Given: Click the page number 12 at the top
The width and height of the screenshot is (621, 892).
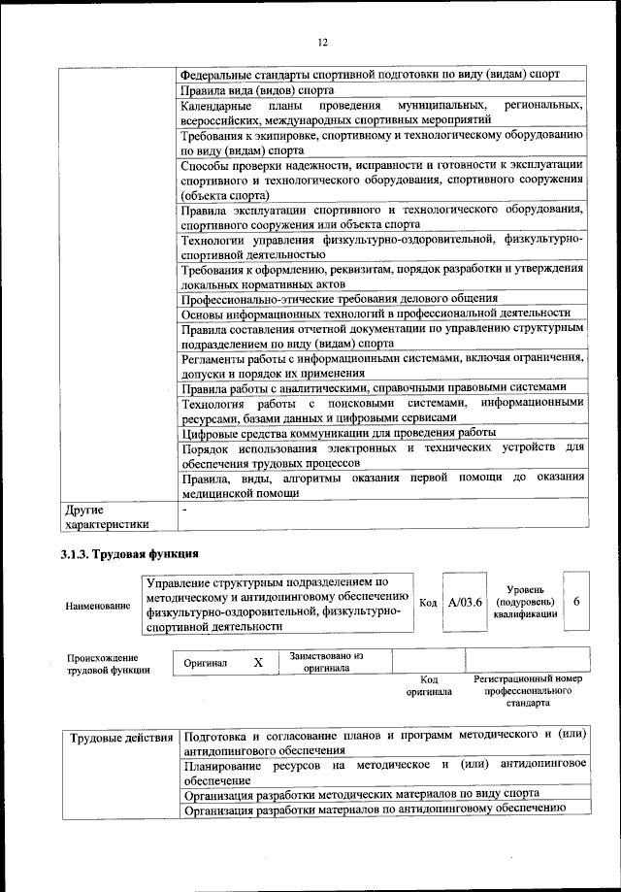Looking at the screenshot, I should [323, 42].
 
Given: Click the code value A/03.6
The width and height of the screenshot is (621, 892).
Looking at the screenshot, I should [466, 603].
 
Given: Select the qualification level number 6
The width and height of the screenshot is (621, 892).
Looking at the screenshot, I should [576, 603].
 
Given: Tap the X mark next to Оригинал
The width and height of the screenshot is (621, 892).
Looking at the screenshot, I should [258, 662].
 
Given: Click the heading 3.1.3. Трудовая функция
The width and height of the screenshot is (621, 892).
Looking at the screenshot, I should [124, 554].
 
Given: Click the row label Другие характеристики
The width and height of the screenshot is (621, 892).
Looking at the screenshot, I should [106, 516].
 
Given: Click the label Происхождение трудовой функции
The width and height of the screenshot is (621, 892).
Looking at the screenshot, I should [108, 663].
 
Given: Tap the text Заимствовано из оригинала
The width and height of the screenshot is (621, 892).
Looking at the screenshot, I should [326, 662].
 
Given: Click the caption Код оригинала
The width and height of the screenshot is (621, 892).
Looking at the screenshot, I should [428, 685].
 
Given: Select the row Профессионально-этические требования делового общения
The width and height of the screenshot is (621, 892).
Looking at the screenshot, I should [339, 298].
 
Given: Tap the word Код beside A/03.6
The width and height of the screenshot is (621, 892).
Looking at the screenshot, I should [428, 603].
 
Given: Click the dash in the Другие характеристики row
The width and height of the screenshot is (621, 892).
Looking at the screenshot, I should [183, 509].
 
